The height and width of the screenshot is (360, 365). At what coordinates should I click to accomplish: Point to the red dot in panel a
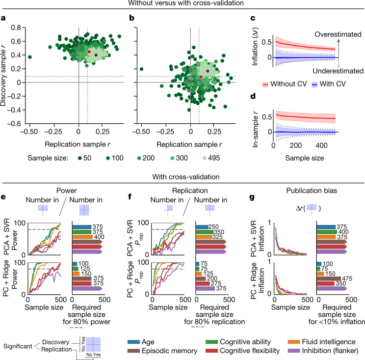(89, 52)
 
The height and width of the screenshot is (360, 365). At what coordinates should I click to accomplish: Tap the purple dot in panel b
(208, 71)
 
